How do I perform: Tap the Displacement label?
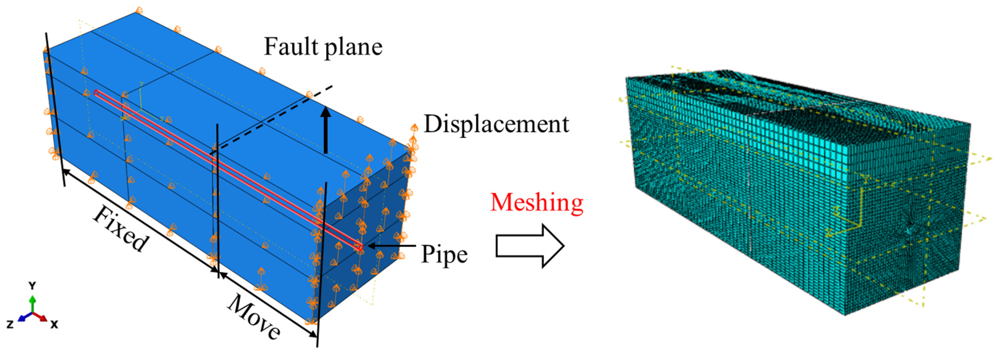pyautogui.click(x=496, y=124)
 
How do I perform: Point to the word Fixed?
pyautogui.click(x=120, y=229)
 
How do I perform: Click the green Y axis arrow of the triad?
pyautogui.click(x=33, y=304)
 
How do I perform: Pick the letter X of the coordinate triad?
pyautogui.click(x=55, y=324)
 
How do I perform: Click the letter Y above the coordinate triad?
pyautogui.click(x=33, y=286)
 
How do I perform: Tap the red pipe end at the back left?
pyautogui.click(x=96, y=93)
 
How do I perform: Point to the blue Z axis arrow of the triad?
pyautogui.click(x=23, y=318)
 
